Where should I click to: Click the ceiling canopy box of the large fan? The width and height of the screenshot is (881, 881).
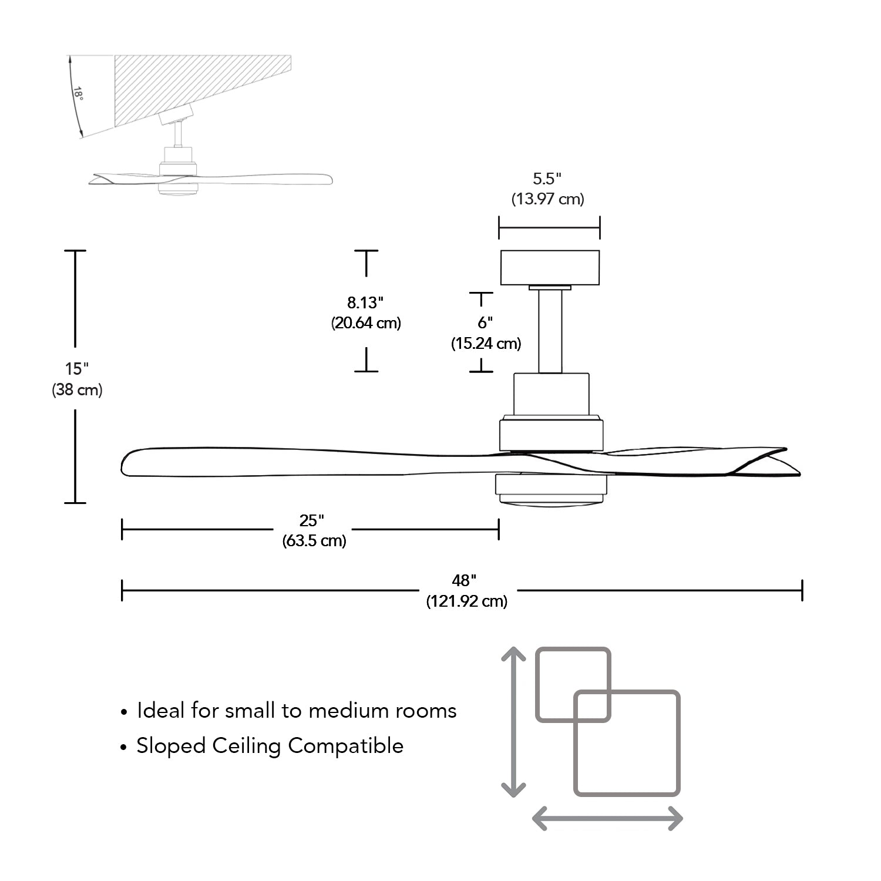point(550,267)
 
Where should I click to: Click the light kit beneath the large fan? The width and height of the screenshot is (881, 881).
point(551,490)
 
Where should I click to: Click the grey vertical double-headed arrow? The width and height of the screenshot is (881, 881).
point(513,722)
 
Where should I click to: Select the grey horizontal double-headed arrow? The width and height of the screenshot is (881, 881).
point(607,818)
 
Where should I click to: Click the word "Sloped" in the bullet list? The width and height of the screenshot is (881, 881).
point(171,746)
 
